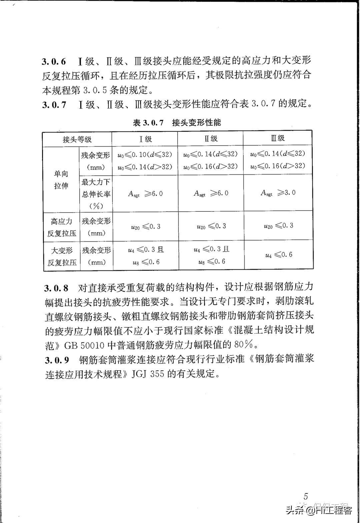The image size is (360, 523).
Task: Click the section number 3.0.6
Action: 54,62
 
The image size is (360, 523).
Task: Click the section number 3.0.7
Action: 54,105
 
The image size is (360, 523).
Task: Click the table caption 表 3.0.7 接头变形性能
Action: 177,123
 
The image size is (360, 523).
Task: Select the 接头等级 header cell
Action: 77,139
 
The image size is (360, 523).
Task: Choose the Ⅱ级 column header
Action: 211,139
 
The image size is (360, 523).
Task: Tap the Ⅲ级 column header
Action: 278,138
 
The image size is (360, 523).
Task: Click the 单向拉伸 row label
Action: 61,180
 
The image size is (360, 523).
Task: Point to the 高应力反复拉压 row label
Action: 61,227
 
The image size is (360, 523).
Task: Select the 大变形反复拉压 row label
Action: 62,256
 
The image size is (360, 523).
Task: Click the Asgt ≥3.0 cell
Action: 278,193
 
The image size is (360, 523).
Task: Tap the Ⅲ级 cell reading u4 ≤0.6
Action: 279,255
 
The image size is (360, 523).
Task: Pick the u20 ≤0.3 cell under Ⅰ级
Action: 145,227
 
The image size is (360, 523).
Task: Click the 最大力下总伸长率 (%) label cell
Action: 96,194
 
